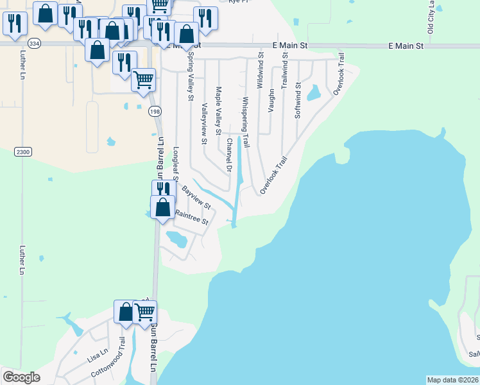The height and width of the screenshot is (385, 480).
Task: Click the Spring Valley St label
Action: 190,76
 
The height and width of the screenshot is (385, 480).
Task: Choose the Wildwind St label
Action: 261,71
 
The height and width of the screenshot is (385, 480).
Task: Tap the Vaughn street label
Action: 271,101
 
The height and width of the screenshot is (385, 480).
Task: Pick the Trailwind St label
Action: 284,71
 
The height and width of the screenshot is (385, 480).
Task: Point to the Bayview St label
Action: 196,198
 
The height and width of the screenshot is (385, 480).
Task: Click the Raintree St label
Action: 192,218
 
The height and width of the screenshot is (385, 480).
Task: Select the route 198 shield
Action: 155,112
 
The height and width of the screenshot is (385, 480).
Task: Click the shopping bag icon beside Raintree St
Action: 163,207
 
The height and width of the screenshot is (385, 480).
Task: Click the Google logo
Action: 21,377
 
